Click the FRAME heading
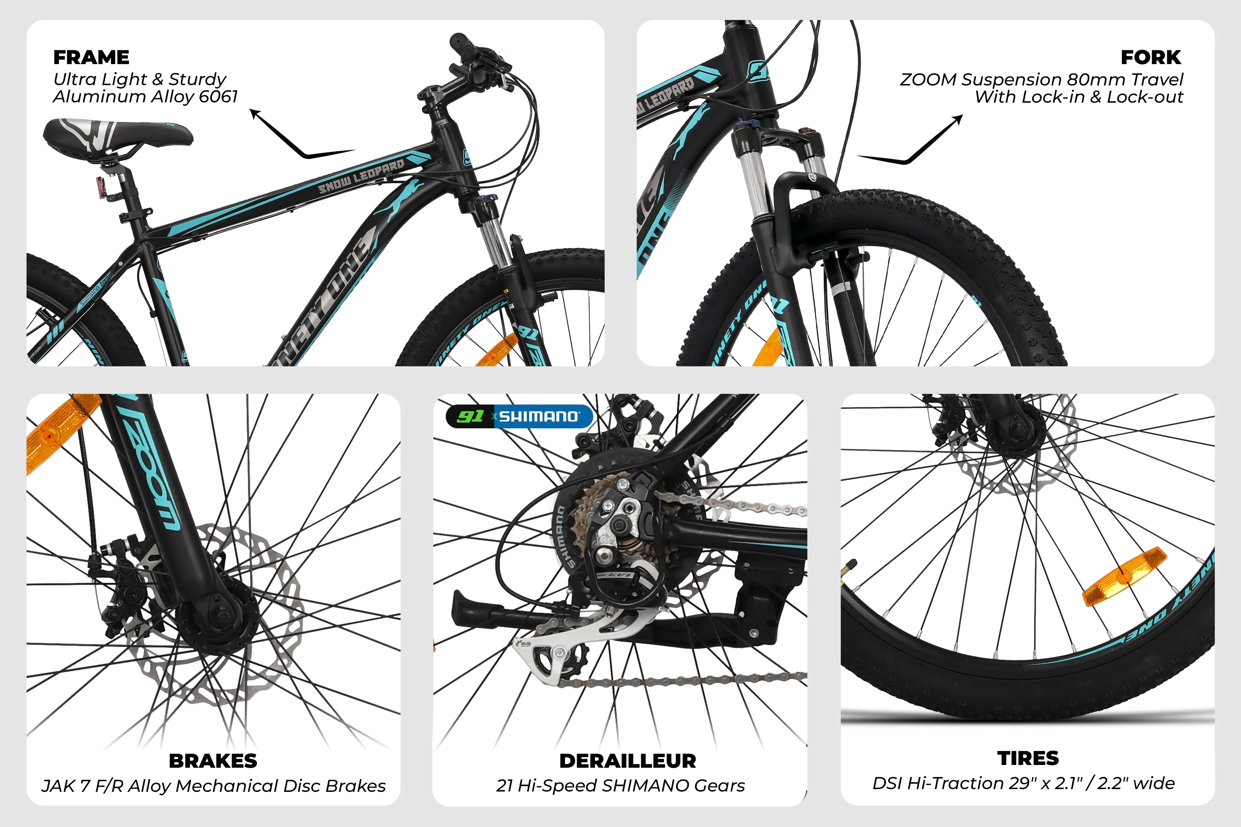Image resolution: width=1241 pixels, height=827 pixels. click(91, 57)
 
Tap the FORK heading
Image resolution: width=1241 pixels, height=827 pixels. click(1151, 57)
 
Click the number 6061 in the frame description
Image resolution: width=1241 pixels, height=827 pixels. click(219, 96)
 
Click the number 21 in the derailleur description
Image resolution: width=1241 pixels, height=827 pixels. click(504, 786)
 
